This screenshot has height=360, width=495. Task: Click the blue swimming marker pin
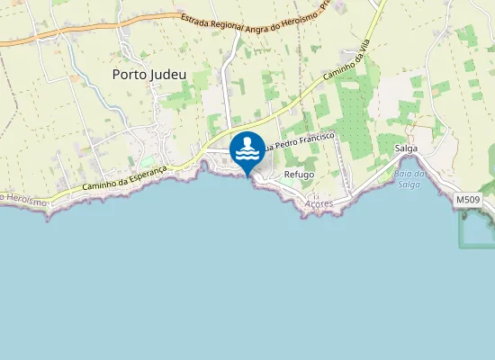247,150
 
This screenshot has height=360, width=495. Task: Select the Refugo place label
299,174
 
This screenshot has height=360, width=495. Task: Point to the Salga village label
406,149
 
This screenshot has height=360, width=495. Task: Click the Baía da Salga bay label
408,178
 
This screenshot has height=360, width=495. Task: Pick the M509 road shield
467,199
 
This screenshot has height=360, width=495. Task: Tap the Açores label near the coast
319,204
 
